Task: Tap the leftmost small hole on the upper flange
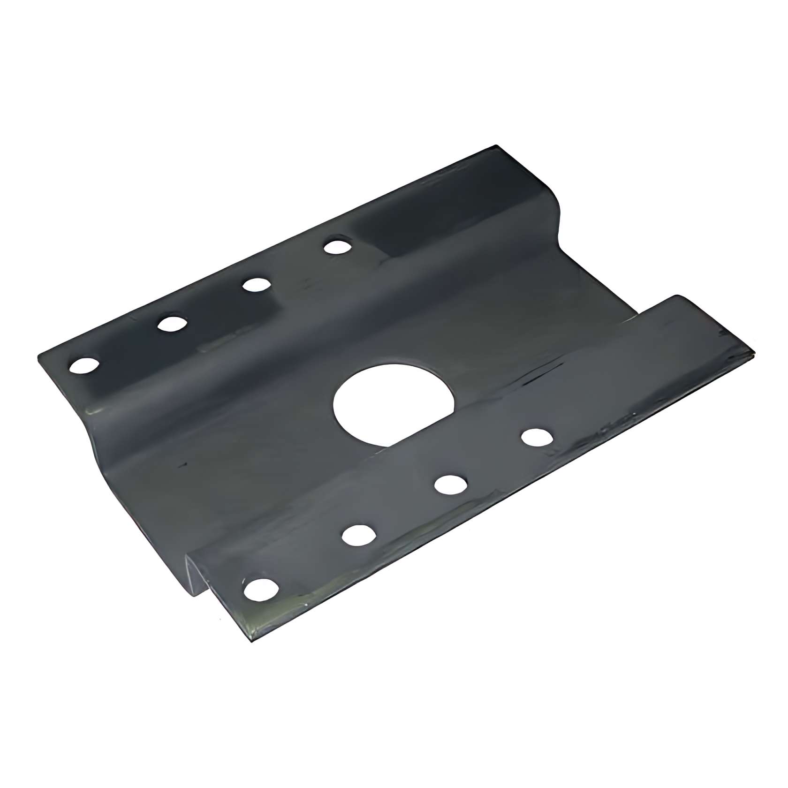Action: pos(85,365)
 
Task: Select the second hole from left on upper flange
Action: pos(172,324)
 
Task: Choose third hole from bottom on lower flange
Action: pos(450,485)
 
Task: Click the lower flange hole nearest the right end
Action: pos(537,437)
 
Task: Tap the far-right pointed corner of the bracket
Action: pos(754,353)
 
